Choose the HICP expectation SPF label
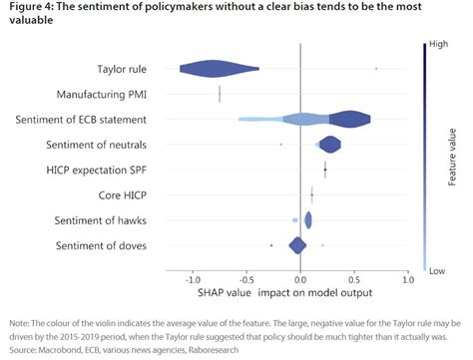point(113,171)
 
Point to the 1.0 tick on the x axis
point(407,279)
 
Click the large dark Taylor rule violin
point(217,69)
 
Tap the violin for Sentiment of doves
point(297,245)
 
